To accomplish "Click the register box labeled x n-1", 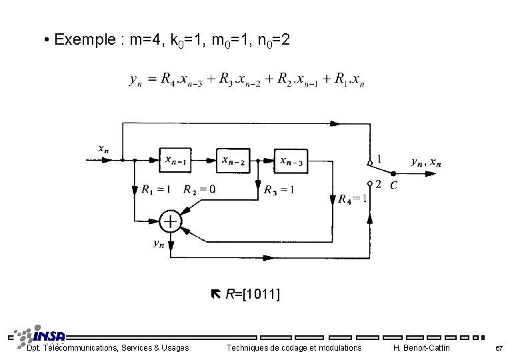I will pos(177,159).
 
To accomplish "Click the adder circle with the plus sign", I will pos(171,221).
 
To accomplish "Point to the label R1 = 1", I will pos(155,189).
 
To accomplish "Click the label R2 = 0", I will pos(199,189).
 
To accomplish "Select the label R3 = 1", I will pos(279,189).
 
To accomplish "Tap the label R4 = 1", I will pos(352,199).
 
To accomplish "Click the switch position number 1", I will pos(379,159).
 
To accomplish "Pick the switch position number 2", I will pos(379,184).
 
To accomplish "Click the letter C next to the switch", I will pos(394,185).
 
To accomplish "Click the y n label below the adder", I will pos(158,244).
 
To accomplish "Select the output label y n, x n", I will pos(425,162).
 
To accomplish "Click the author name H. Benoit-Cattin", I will pos(421,348).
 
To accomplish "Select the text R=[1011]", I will pos(252,294).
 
